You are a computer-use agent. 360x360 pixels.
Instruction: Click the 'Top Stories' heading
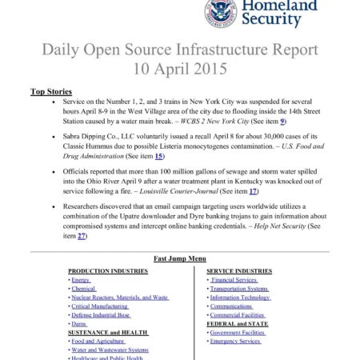point(50,92)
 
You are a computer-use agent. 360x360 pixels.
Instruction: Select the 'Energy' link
point(81,280)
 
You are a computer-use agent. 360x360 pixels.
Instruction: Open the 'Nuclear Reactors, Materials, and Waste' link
point(120,298)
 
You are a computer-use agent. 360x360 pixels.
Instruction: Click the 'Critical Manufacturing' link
point(100,306)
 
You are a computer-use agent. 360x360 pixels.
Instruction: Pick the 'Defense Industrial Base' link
point(101,315)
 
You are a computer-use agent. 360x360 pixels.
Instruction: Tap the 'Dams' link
point(79,324)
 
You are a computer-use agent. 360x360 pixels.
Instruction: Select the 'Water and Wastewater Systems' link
point(110,350)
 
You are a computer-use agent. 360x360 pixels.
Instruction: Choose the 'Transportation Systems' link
point(239,289)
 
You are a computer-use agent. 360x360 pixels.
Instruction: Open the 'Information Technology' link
point(240,298)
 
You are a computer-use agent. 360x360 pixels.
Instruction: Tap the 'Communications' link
point(231,306)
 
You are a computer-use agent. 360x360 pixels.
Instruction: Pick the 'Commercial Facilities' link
point(237,315)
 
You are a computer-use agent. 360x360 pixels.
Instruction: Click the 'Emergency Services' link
point(235,342)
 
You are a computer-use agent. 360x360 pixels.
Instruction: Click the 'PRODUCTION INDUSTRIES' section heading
point(107,271)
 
